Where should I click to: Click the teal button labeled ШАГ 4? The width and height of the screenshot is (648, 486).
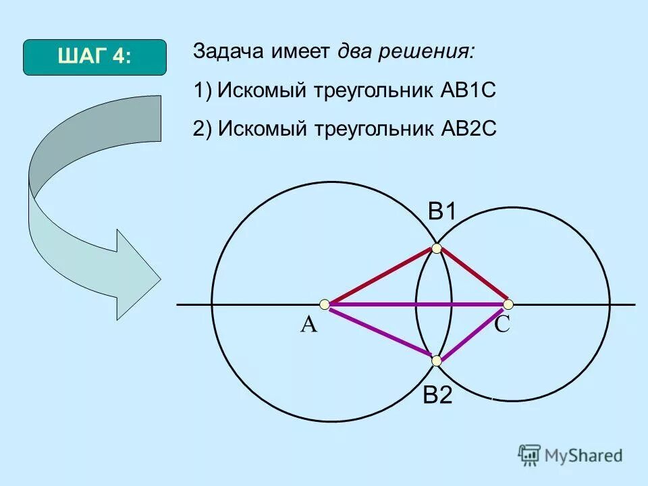click(94, 57)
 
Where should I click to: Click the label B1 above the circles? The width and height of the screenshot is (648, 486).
click(443, 212)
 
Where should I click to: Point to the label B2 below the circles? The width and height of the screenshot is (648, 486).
click(437, 396)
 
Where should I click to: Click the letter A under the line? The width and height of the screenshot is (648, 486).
click(308, 325)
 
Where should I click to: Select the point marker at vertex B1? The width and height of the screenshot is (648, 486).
click(437, 249)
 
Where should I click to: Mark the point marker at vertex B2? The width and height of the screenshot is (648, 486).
click(437, 360)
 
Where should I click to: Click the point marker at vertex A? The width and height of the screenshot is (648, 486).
click(325, 304)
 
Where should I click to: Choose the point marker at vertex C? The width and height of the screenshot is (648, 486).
click(508, 304)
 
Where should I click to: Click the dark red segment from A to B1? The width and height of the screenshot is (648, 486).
click(381, 276)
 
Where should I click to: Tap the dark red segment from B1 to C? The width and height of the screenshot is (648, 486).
click(473, 276)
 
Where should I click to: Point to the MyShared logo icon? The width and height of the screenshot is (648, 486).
click(529, 455)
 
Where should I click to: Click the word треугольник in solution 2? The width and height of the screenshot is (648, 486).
click(368, 129)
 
